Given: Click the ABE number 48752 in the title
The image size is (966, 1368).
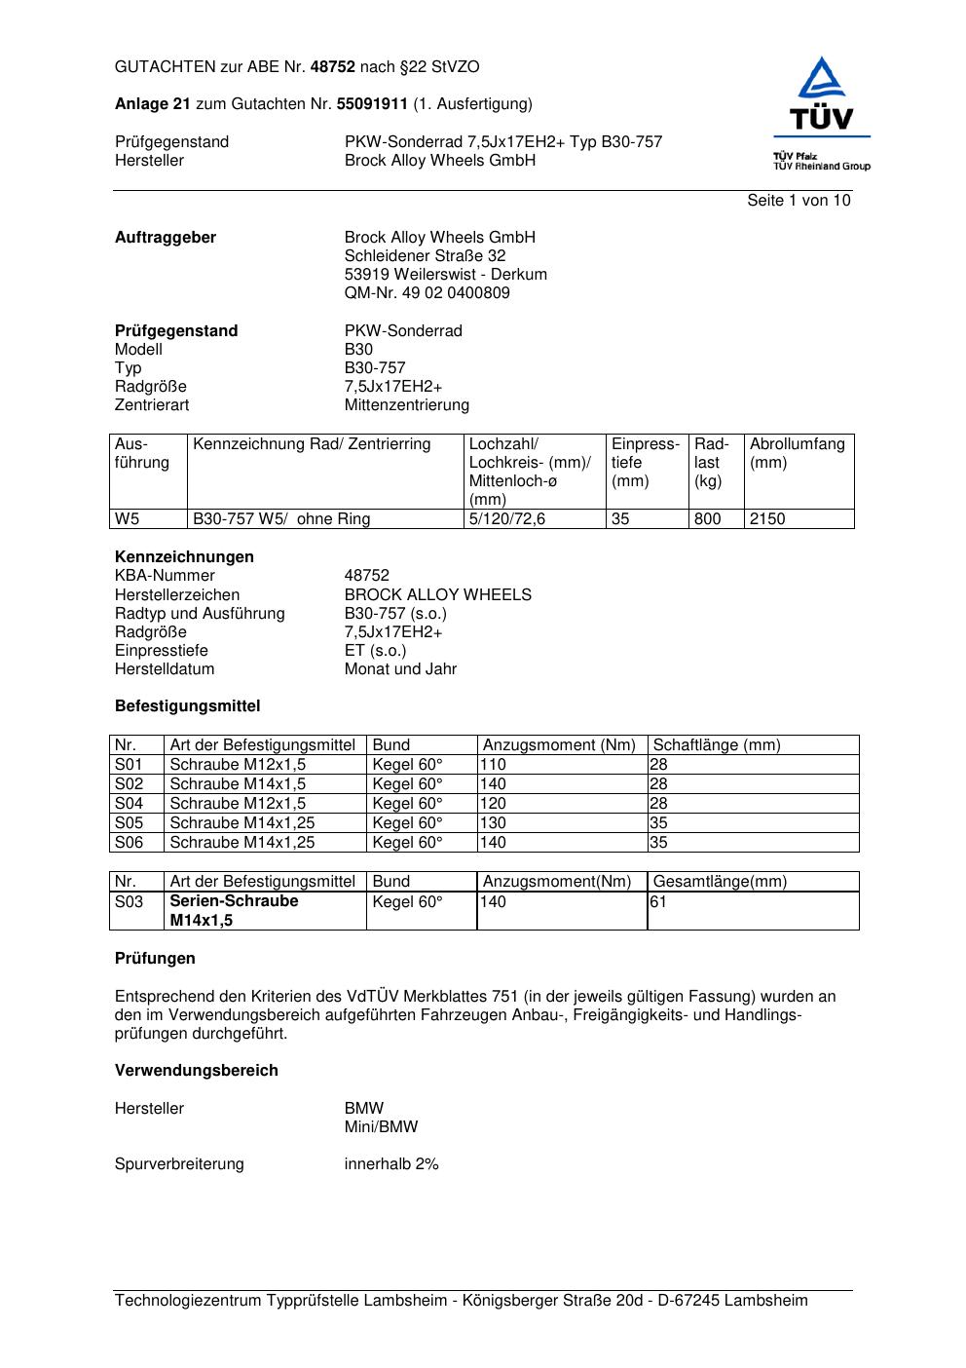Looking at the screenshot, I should point(332,67).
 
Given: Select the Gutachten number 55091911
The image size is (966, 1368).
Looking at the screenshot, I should point(372,103).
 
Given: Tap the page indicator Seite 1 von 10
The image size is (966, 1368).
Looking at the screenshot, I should point(799,201).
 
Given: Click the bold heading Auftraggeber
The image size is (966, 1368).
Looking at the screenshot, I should point(166,238).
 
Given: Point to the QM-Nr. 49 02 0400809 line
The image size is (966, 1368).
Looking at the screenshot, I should point(427,293).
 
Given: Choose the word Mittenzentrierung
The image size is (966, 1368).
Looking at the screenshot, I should point(406,405).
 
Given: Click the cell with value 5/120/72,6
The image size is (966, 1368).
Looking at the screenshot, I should point(506,519).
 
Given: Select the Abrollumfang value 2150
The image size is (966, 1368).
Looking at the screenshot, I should point(766,519).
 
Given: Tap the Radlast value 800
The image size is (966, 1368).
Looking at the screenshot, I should point(707,519).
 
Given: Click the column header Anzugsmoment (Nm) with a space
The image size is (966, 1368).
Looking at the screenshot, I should point(559,745).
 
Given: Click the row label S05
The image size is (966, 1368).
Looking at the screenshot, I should point(129,823).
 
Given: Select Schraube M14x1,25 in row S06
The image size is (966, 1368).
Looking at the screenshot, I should point(242,843).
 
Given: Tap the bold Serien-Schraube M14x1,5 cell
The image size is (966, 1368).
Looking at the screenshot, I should point(234,911).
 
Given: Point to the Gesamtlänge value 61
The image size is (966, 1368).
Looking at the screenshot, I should point(658,902).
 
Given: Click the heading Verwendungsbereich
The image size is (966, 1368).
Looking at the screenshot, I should point(196,1071).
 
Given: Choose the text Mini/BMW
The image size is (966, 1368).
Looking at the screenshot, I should point(381,1127).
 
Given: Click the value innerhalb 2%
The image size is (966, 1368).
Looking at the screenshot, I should point(391,1164).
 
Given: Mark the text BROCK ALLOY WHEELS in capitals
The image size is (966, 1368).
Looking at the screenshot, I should point(437,595).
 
